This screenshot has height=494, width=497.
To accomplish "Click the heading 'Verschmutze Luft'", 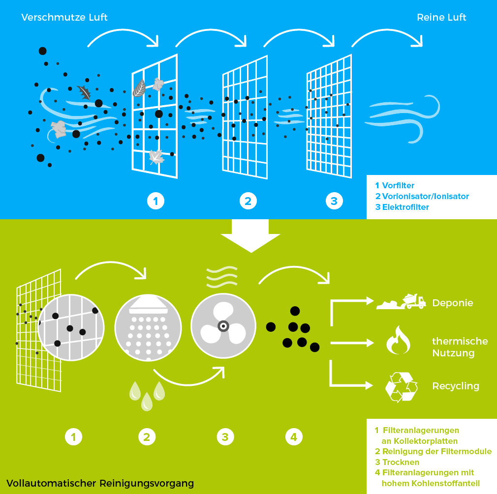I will coord(64,18).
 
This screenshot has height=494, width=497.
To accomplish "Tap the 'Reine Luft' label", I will coord(441,18).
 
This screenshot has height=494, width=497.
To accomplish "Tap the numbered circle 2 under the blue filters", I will coord(248,201).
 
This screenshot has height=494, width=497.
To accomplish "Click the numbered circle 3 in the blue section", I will coord(334,201).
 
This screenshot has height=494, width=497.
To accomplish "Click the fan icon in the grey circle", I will coord(223,326).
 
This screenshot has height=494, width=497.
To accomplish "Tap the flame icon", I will coord(398,340).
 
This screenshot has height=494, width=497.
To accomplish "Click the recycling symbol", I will coord(401,387).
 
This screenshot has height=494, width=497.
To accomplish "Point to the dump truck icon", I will coord(413,300).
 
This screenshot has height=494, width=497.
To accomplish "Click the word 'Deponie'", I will coord(452,303).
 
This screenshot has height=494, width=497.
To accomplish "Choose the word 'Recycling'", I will coord(455,386).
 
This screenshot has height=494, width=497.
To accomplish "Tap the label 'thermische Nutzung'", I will coord(460,347).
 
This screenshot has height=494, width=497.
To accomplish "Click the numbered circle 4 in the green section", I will coord(294,436).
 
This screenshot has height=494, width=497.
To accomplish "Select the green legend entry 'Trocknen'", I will coord(400,463).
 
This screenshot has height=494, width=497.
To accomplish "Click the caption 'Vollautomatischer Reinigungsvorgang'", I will coord(100,483).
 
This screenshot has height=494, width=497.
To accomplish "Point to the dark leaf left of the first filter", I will coord(85,92).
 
